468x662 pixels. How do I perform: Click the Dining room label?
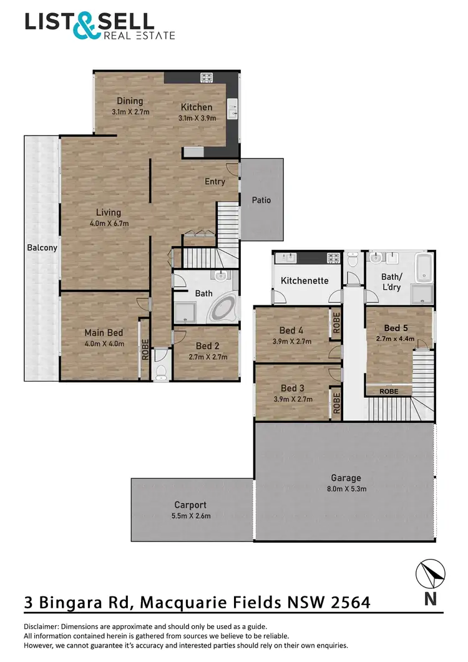130,101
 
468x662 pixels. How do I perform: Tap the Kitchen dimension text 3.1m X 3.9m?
197,117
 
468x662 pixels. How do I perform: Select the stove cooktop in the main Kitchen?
206,77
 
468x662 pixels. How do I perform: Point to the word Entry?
215,182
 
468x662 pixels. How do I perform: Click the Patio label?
261,200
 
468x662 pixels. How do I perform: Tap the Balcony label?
42,248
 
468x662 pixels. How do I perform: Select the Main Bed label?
104,332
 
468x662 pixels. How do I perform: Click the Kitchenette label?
305,280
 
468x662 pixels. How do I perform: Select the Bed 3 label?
292,388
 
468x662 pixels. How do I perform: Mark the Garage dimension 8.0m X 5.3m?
346,489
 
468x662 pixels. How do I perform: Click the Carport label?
190,505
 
